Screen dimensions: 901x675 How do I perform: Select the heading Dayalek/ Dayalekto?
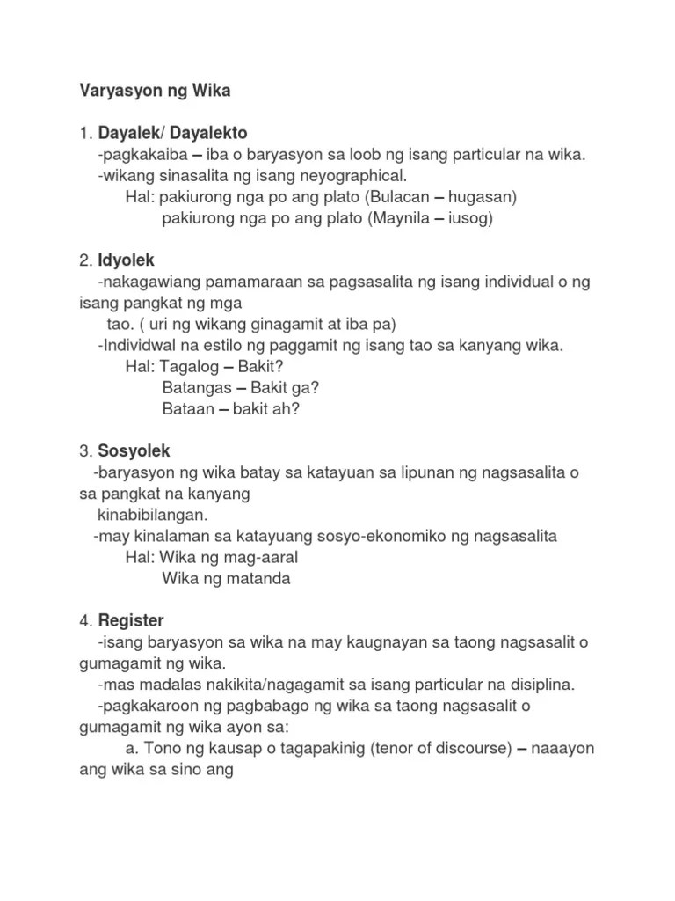[x=172, y=134]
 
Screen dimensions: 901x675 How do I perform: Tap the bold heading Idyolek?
[x=126, y=260]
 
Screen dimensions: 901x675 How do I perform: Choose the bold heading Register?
[x=131, y=620]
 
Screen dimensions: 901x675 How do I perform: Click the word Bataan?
[x=190, y=409]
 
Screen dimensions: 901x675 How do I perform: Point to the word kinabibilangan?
[x=152, y=515]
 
